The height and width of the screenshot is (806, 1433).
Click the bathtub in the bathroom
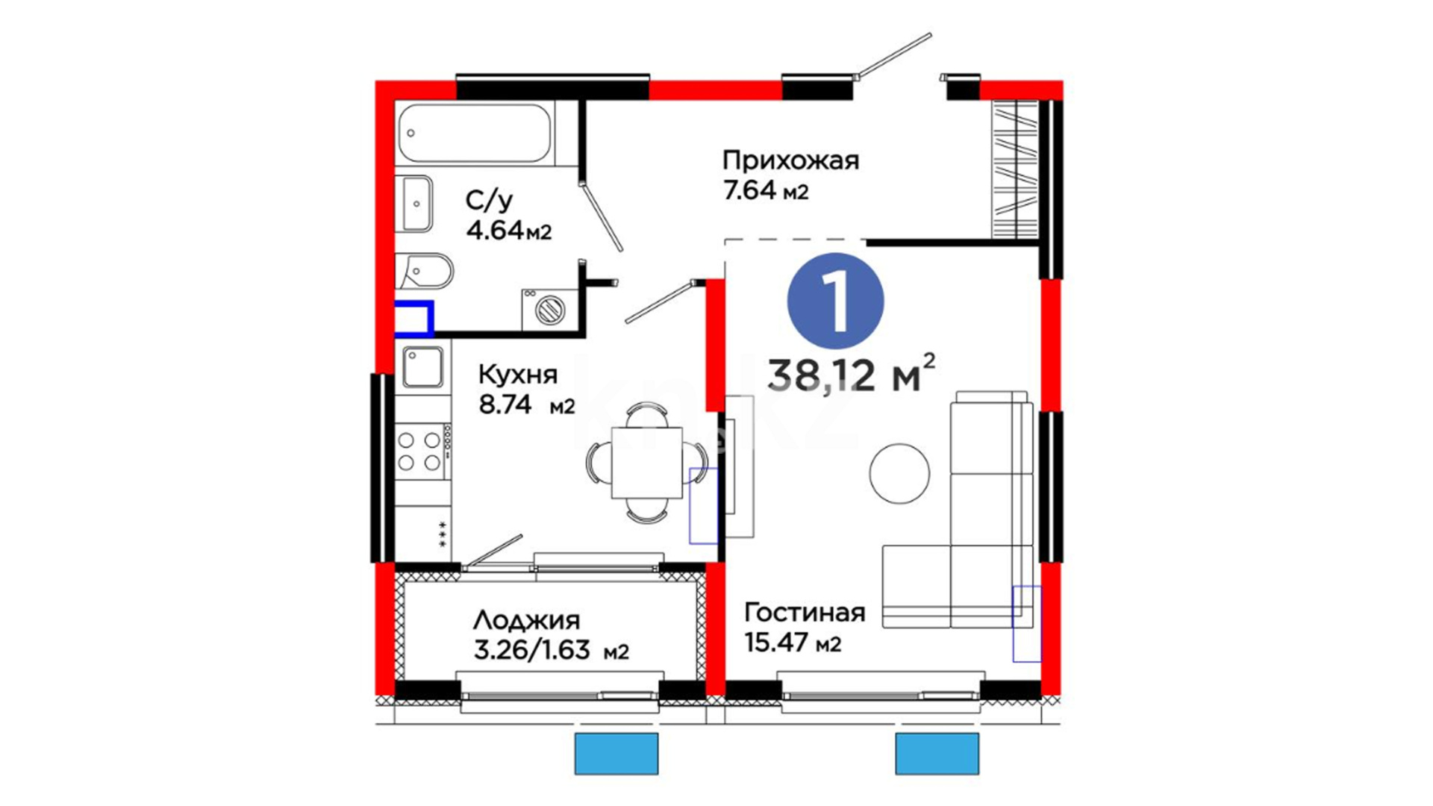pyautogui.click(x=475, y=134)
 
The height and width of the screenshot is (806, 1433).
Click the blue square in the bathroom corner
pyautogui.click(x=414, y=319)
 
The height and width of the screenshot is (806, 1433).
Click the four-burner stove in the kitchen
pyautogui.click(x=422, y=452)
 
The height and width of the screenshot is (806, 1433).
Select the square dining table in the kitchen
pyautogui.click(x=646, y=463)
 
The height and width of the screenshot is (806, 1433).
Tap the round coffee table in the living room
pyautogui.click(x=899, y=473)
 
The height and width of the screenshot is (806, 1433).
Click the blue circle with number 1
pyautogui.click(x=836, y=302)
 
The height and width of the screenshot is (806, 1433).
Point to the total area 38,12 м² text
pyautogui.click(x=851, y=373)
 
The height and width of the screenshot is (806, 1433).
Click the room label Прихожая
pyautogui.click(x=790, y=160)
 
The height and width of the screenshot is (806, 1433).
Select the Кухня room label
pyautogui.click(x=517, y=374)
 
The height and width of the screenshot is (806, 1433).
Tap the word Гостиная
pyautogui.click(x=805, y=613)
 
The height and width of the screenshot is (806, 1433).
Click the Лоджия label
pyautogui.click(x=526, y=620)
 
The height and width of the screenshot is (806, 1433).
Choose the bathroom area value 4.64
pyautogui.click(x=494, y=231)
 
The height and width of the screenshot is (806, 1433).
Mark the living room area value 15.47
pyautogui.click(x=776, y=642)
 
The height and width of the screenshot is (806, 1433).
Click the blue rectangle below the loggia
pyautogui.click(x=616, y=754)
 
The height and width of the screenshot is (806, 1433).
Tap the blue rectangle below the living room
pyautogui.click(x=937, y=754)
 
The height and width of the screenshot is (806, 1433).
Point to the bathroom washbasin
pyautogui.click(x=413, y=204)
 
